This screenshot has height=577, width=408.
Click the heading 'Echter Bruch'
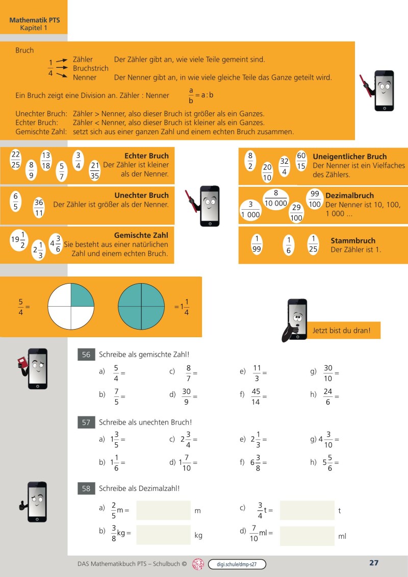pyautogui.click(x=146, y=156)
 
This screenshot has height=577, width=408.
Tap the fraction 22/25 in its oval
pyautogui.click(x=15, y=159)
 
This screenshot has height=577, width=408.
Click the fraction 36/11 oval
pyautogui.click(x=39, y=208)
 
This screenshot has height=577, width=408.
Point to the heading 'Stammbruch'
pyautogui.click(x=353, y=241)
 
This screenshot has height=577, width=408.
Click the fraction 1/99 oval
pyautogui.click(x=257, y=244)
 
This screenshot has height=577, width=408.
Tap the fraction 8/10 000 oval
pyautogui.click(x=275, y=198)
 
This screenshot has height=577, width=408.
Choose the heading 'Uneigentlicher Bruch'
pyautogui.click(x=349, y=157)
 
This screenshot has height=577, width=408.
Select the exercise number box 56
pyautogui.click(x=86, y=355)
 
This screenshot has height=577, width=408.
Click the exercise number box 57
pyautogui.click(x=86, y=422)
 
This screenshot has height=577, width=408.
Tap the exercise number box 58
pyautogui.click(x=86, y=489)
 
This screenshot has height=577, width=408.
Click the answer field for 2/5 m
pyautogui.click(x=163, y=510)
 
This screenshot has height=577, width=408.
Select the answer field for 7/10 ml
pyautogui.click(x=307, y=536)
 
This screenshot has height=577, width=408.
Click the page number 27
pyautogui.click(x=373, y=563)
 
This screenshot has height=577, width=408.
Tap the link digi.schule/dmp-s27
pyautogui.click(x=237, y=564)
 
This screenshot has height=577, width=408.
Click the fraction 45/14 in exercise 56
pyautogui.click(x=256, y=396)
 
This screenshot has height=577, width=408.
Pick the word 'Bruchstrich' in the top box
pyautogui.click(x=91, y=68)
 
